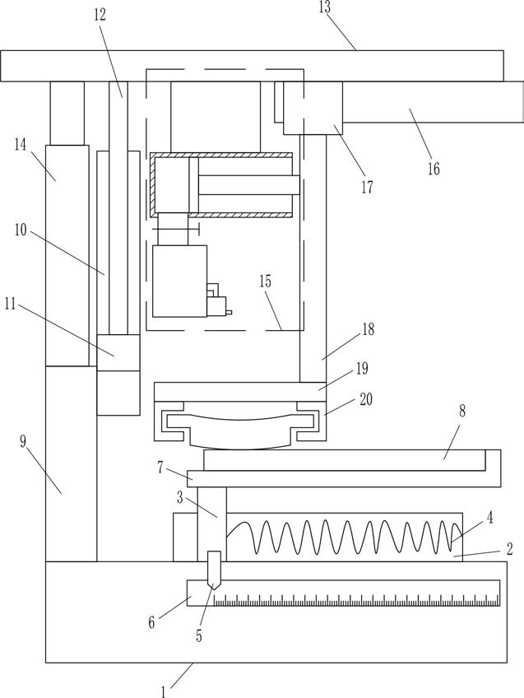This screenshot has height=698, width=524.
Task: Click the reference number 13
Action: point(325,7)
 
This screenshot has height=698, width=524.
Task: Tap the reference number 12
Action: point(100,15)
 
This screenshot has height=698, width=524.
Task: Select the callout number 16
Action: point(434,169)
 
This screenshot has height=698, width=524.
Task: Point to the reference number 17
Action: point(367,188)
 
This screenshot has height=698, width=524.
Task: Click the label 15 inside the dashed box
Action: point(265,282)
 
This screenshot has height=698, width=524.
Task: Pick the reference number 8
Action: point(462,411)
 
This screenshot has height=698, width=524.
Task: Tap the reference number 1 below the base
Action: point(164,691)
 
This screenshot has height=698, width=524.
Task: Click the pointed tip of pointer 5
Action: point(215,590)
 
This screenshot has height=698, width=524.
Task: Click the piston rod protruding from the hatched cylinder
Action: point(249,184)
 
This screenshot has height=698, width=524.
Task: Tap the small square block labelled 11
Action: point(118,352)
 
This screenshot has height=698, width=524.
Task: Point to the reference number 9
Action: point(23,442)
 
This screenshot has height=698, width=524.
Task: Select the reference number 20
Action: point(365,399)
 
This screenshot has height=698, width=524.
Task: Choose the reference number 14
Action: point(20,144)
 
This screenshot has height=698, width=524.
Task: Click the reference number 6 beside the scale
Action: point(151,622)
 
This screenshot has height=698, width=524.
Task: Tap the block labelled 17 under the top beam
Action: point(313,108)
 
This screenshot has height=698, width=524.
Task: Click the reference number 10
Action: point(21,230)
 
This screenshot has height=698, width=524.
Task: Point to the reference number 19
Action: point(362,369)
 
